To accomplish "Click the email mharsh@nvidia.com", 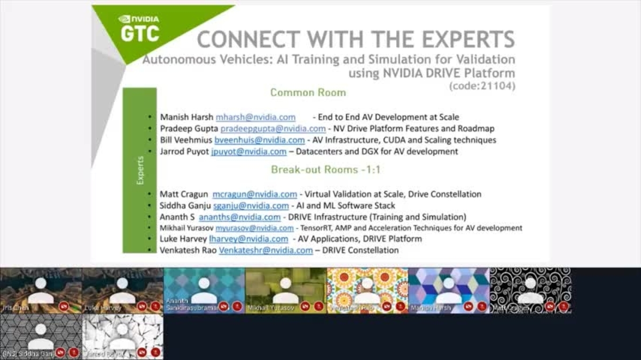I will tap(255, 117).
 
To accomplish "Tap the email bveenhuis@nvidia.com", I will tap(260, 140).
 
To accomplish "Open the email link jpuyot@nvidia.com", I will tap(248, 152).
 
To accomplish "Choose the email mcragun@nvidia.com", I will tap(254, 194).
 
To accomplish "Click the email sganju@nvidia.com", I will tap(251, 206).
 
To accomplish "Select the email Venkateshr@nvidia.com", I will tap(265, 250).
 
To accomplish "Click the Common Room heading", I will tap(308, 92).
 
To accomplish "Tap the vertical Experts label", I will tap(140, 170).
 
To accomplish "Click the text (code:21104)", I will tap(482, 85).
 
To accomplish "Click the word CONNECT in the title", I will tap(248, 40).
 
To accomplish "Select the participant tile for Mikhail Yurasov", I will tap(286, 291).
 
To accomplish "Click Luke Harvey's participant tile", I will tap(122, 291).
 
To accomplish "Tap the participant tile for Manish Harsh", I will tap(449, 291).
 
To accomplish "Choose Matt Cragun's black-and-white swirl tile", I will tap(530, 291).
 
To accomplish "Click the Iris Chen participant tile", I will tap(41, 291).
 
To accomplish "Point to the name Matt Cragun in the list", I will tap(184, 194).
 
